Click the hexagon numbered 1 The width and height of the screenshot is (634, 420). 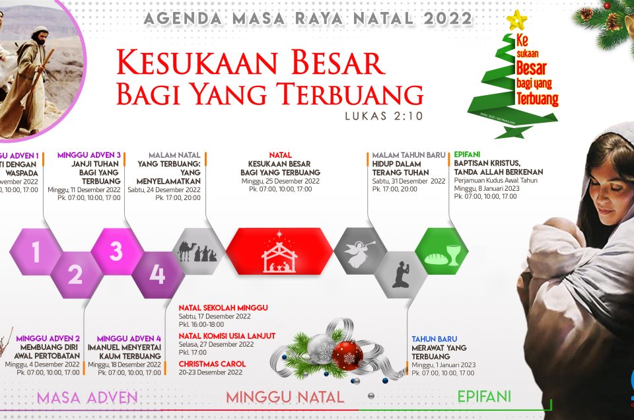click(36, 252)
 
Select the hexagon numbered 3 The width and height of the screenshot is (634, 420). click(116, 252)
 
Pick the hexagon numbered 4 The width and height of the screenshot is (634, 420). click(157, 274)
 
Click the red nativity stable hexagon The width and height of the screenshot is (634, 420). click(280, 252)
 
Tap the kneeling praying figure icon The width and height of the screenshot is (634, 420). click(401, 274)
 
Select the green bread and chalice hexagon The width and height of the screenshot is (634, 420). click(441, 252)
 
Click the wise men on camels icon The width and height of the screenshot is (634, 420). click(197, 252)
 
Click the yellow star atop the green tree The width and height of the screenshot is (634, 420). click(515, 20)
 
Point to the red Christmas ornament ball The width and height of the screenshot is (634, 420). click(347, 355)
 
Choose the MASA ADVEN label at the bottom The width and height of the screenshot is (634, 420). click(87, 398)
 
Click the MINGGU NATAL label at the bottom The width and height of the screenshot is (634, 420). click(285, 398)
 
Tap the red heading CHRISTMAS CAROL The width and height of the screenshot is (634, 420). click(212, 364)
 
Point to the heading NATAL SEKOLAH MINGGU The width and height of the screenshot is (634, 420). click(223, 307)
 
